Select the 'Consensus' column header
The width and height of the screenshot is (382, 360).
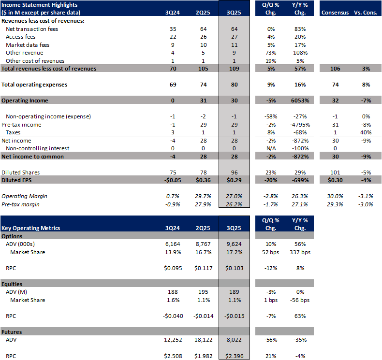336,12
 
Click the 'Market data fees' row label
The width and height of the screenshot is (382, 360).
29,45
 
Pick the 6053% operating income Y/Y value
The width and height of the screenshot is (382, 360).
300,101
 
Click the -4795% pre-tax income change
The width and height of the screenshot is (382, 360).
300,125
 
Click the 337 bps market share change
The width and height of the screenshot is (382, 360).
300,253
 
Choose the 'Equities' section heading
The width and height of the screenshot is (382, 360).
13,284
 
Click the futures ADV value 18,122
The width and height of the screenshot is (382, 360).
203,340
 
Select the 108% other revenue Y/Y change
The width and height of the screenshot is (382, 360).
300,53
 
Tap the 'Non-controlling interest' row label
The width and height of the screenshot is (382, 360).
37,148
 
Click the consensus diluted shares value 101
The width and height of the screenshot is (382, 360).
336,172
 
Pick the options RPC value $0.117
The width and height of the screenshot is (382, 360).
203,269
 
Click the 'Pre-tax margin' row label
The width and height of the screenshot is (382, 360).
22,204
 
